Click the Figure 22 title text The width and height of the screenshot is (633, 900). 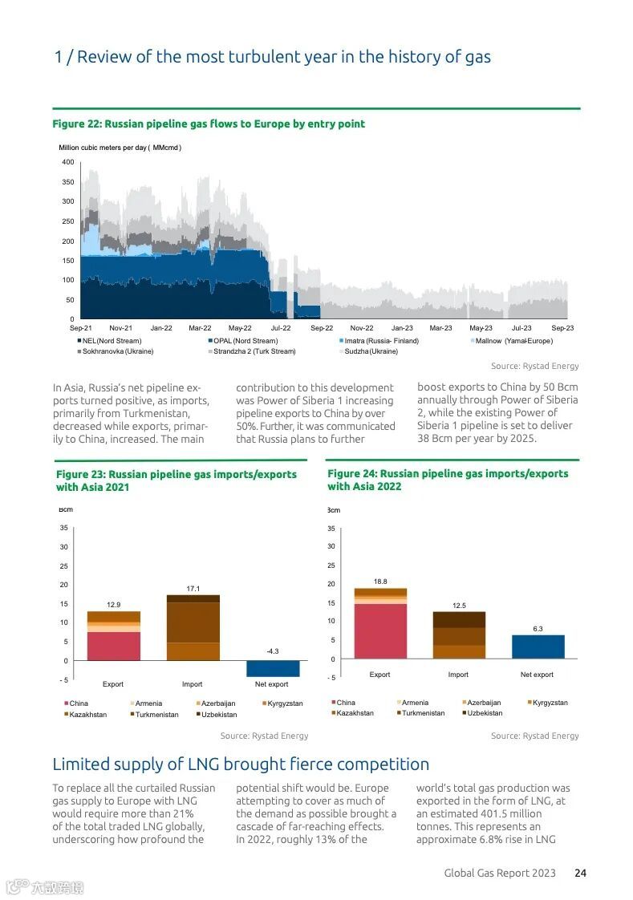pyautogui.click(x=209, y=124)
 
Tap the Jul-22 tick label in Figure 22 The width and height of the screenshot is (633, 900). pyautogui.click(x=281, y=328)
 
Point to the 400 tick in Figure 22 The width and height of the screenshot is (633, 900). pyautogui.click(x=68, y=162)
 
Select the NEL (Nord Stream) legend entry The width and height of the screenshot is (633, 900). pyautogui.click(x=109, y=341)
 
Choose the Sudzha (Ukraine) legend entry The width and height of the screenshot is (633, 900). pyautogui.click(x=371, y=351)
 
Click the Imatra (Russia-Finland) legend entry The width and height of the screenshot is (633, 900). pyautogui.click(x=381, y=341)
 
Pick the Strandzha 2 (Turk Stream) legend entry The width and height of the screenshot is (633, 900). pyautogui.click(x=254, y=351)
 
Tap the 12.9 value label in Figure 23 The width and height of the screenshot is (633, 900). pyautogui.click(x=113, y=604)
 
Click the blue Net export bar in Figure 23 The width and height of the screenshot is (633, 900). pyautogui.click(x=273, y=669)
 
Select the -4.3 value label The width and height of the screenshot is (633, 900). pyautogui.click(x=272, y=651)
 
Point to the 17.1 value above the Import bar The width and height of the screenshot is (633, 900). pyautogui.click(x=193, y=588)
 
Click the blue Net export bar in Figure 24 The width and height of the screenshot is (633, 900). pyautogui.click(x=538, y=647)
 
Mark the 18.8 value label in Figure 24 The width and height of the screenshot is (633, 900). pyautogui.click(x=380, y=581)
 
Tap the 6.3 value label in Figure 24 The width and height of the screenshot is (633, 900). pyautogui.click(x=538, y=629)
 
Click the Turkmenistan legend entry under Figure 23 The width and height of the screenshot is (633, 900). pyautogui.click(x=156, y=714)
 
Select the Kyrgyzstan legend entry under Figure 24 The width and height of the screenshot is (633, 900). pyautogui.click(x=550, y=703)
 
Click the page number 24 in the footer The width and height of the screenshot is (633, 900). pyautogui.click(x=580, y=873)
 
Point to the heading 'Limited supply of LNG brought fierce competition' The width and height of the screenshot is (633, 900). pyautogui.click(x=241, y=764)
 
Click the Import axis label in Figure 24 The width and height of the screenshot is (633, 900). pyautogui.click(x=458, y=675)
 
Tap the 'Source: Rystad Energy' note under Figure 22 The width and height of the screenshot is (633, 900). pyautogui.click(x=534, y=366)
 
